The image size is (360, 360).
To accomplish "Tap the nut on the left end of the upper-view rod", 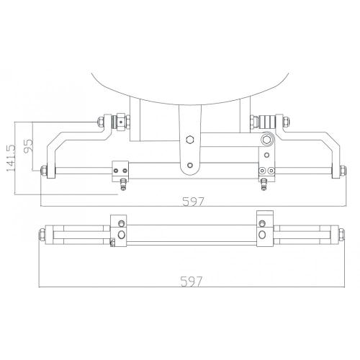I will tap(45, 171).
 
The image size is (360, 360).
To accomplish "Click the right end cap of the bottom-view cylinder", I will tap(335, 234).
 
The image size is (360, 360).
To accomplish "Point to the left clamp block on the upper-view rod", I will tap(118, 171).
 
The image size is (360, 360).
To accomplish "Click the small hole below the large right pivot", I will tap(267, 153).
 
